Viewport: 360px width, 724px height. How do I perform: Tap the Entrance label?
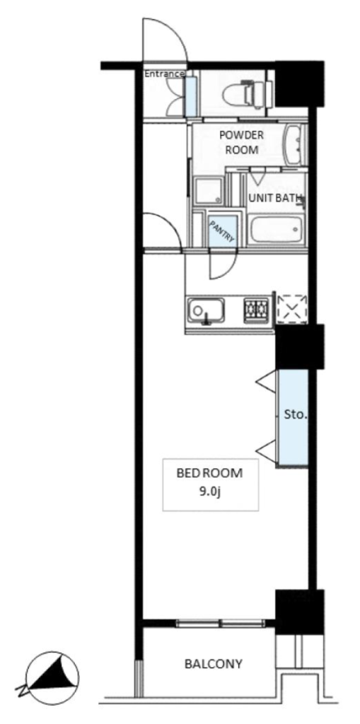pos(165,74)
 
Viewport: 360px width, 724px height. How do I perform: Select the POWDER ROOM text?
pos(241,143)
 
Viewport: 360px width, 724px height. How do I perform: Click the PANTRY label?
pos(223,231)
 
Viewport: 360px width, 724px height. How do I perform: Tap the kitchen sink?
pos(206,311)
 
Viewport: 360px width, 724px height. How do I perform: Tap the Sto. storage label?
pos(296,414)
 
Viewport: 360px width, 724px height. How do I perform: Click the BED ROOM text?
pos(210,473)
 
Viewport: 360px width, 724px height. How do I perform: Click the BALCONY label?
pos(213,664)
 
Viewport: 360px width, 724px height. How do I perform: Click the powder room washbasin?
pos(295,146)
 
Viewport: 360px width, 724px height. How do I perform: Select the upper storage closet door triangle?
pos(266,381)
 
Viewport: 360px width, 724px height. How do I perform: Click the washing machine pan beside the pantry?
pos(208,190)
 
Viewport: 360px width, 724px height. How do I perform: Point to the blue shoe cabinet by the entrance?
pos(190,96)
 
